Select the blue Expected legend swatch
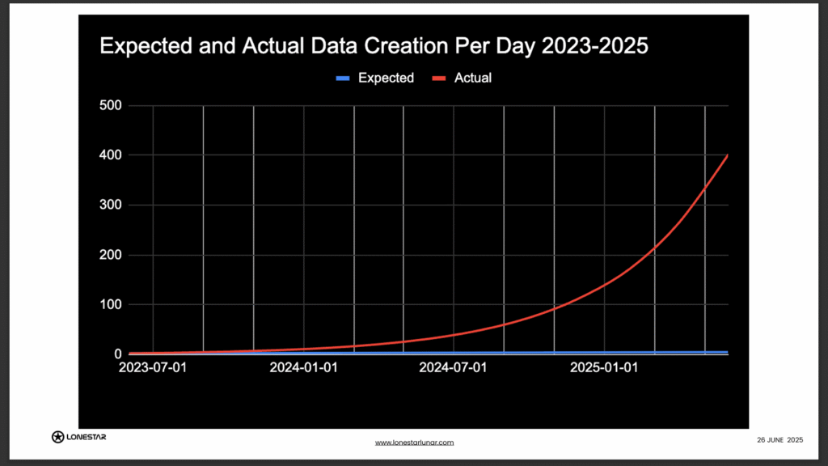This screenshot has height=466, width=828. (343, 78)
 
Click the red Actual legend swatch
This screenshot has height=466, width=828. (439, 78)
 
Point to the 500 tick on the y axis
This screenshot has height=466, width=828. (110, 105)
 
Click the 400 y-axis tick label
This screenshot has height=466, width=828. (110, 155)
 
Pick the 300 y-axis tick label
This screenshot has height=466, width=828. (110, 205)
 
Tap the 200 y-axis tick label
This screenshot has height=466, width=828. (110, 256)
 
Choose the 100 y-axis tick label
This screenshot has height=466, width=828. (110, 305)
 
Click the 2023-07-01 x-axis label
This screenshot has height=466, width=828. (152, 369)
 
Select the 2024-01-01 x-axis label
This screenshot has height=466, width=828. (303, 369)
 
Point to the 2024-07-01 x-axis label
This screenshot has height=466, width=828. (454, 369)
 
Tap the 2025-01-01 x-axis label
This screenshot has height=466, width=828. (604, 369)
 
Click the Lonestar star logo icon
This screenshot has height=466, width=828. (57, 437)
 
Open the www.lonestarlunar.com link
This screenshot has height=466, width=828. (414, 443)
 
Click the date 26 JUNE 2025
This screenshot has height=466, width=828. (779, 439)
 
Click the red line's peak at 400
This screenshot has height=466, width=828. (728, 155)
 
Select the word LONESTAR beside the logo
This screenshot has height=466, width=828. (87, 437)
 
